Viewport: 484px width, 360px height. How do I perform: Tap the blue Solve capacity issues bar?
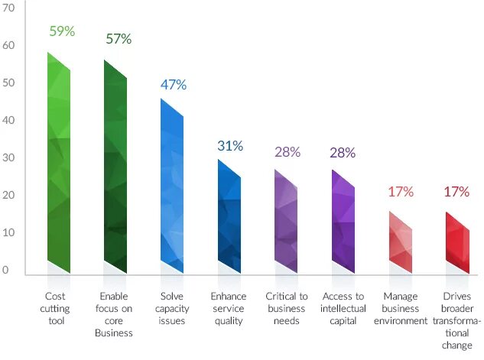click(172, 187)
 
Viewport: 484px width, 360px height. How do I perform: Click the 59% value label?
click(62, 31)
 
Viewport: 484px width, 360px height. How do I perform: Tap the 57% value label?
click(119, 39)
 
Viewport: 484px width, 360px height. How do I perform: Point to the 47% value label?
click(174, 84)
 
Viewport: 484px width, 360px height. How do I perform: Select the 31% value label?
click(230, 145)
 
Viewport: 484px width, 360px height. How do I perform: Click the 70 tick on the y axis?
click(9, 8)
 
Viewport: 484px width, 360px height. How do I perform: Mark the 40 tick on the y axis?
click(9, 121)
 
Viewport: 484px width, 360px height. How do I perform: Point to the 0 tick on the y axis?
click(5, 270)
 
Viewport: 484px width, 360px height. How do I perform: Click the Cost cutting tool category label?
click(56, 308)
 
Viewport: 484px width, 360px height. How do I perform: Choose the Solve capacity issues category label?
click(171, 308)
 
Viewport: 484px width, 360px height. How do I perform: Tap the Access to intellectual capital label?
click(343, 308)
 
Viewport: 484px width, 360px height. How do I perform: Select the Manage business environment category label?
click(400, 308)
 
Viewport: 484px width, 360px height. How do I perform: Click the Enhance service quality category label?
click(229, 308)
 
